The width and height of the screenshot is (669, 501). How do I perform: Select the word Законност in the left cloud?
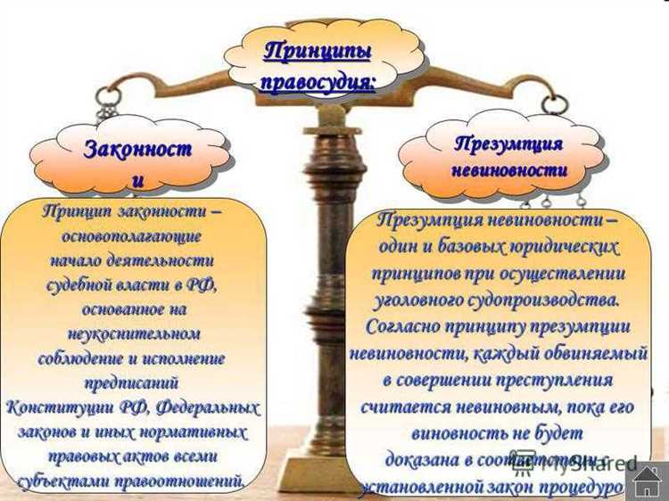click(x=137, y=149)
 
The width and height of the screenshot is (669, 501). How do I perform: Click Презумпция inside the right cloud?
click(x=508, y=144)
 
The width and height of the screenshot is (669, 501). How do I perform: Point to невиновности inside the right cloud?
click(x=508, y=170)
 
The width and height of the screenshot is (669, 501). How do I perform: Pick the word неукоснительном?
click(x=134, y=333)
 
